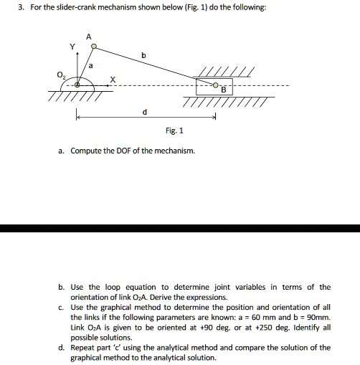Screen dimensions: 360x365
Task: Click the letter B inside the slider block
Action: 223,90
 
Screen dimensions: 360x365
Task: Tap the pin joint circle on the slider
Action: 216,85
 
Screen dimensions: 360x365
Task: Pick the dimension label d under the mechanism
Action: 145,112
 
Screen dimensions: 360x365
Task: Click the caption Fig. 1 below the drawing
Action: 174,131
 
